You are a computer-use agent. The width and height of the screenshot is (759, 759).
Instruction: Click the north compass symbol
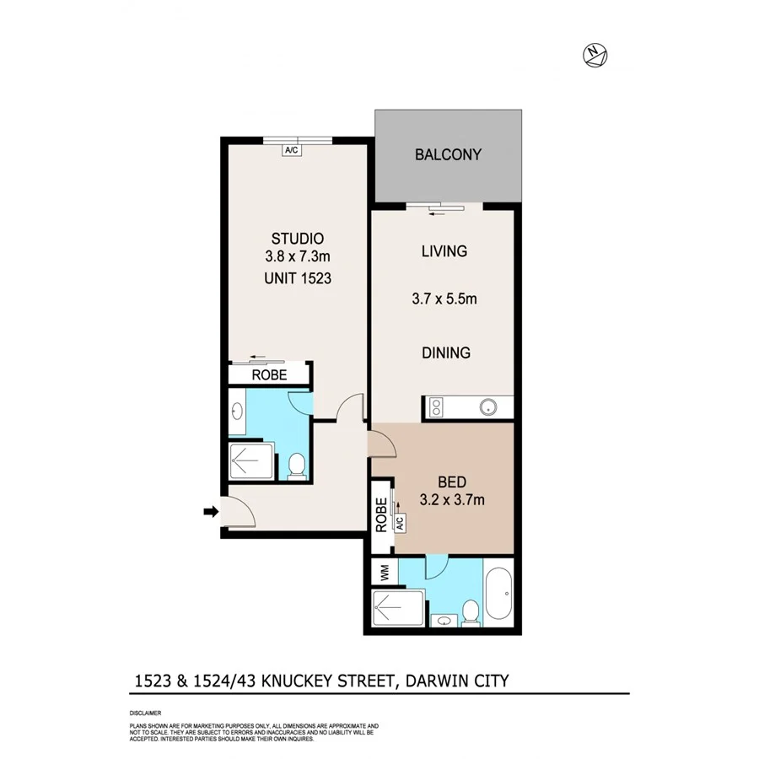pos(595,56)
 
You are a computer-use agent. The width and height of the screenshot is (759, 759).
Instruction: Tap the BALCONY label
pos(448,155)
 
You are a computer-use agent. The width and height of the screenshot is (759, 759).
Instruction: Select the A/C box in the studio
pos(292,150)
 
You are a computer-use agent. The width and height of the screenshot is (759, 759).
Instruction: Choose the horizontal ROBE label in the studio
pos(269,375)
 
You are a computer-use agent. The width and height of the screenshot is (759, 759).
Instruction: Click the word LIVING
pos(444,251)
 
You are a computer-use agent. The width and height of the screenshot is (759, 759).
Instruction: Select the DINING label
pos(446,353)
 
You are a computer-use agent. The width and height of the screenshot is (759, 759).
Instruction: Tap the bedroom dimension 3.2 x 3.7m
pos(452,500)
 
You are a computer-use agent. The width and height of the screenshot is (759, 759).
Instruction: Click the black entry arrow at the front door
pos(210,510)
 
